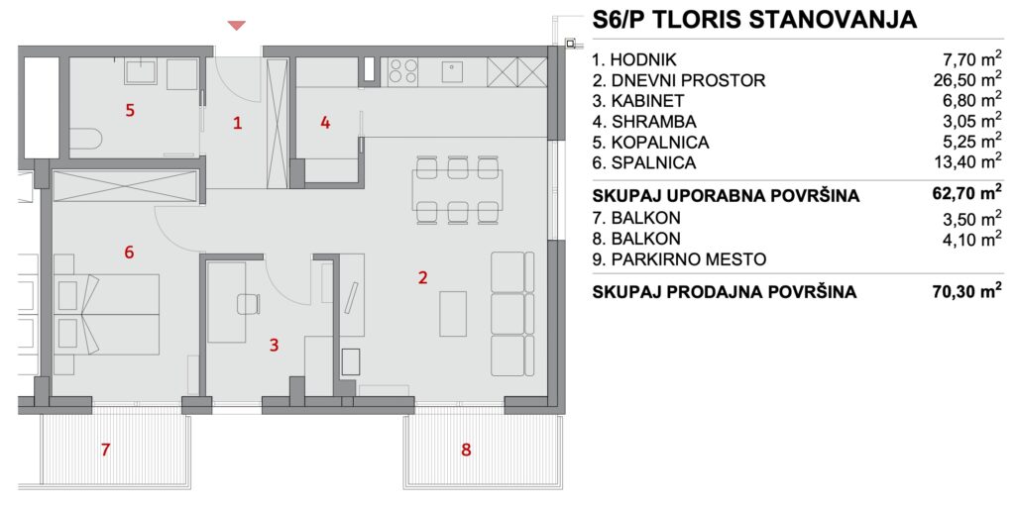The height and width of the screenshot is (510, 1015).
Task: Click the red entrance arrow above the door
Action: pos(236,25)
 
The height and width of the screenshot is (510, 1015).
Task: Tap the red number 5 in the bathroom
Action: pos(130,111)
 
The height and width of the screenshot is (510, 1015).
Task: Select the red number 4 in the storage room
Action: pos(325,122)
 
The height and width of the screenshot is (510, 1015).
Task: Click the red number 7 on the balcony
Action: pos(105,450)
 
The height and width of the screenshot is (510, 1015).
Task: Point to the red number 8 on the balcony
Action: pos(466,450)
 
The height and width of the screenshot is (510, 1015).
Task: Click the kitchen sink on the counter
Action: pos(452,71)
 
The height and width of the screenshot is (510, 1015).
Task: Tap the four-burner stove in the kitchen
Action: pos(402,71)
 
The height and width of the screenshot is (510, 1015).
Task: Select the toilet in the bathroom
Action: pos(85,140)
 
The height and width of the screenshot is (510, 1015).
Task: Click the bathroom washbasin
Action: pos(141,70)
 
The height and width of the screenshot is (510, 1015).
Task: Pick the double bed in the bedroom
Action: pos(107,314)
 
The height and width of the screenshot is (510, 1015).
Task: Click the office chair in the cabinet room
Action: pos(248,304)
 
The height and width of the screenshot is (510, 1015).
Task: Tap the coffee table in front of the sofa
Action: pos(453,314)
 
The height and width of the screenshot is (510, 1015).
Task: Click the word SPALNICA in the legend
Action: pos(654,162)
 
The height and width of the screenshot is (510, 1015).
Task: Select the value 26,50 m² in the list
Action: pos(967,79)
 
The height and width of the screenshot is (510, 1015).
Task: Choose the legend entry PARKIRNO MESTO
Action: pos(679,259)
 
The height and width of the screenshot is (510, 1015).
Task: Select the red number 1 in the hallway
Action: pos(238,123)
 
